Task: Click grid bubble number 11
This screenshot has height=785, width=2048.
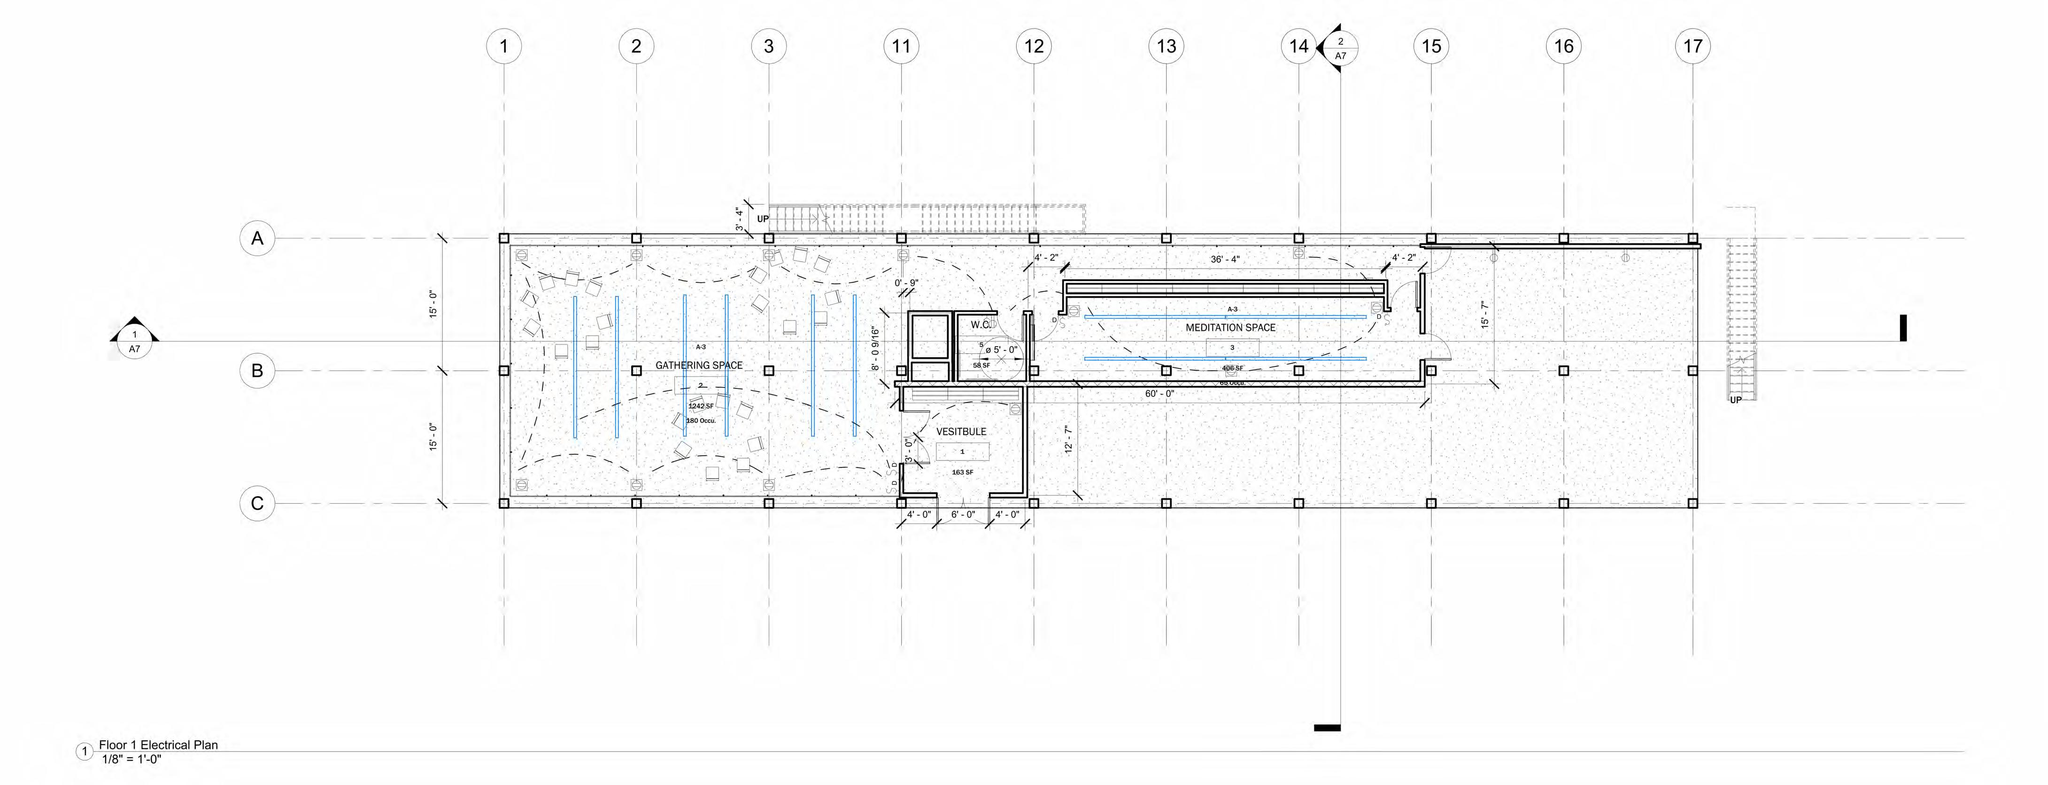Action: tap(901, 46)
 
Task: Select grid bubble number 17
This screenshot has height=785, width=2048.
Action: tap(1692, 46)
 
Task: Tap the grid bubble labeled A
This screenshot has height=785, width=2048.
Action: tap(257, 238)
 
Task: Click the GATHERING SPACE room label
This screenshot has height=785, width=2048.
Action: tap(699, 365)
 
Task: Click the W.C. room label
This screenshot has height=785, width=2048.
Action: tap(980, 325)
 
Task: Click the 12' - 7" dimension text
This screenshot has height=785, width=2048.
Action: tap(1068, 440)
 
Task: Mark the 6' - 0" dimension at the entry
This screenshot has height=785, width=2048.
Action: tap(963, 514)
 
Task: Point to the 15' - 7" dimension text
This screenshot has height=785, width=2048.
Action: tap(1484, 315)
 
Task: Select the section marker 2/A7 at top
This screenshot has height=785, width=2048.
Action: tap(1340, 48)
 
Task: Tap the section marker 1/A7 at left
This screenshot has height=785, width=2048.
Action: tap(134, 342)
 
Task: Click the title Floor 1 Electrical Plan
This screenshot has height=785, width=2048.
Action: tap(158, 745)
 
